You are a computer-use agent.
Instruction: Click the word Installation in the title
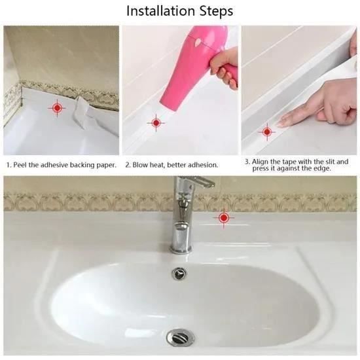click(x=161, y=10)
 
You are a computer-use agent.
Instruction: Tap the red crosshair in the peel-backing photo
click(x=57, y=108)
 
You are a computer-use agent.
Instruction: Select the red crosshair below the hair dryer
click(x=156, y=123)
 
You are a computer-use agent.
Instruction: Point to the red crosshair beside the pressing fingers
click(x=267, y=132)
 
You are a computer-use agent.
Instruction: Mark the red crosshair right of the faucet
click(x=224, y=218)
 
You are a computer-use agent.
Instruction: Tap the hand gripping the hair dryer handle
click(x=225, y=67)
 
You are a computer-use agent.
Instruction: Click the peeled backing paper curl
click(x=82, y=111)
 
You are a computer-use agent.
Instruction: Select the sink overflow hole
click(x=179, y=273)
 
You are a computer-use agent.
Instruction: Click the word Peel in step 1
click(x=19, y=165)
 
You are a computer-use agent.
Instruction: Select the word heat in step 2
click(x=158, y=165)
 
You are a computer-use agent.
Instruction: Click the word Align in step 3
click(x=260, y=162)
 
